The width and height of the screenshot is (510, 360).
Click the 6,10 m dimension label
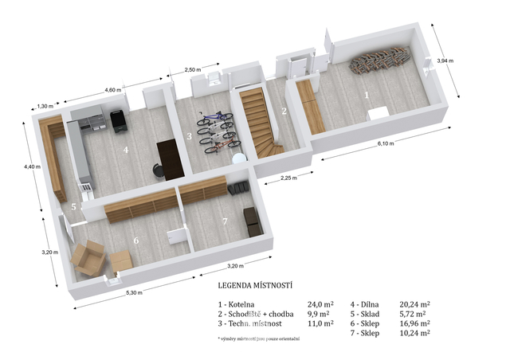(x=386, y=143)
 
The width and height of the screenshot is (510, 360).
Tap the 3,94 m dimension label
(x=445, y=61)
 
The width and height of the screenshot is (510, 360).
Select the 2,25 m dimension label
(x=288, y=178)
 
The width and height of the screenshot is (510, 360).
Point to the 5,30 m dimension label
(x=134, y=292)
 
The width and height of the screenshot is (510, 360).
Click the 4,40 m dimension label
(x=32, y=166)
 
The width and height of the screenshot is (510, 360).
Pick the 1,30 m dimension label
(x=43, y=106)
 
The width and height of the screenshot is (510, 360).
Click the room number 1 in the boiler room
(x=367, y=96)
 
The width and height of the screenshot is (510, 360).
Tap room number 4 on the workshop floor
(x=126, y=150)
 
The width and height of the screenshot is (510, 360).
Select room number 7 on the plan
(x=225, y=221)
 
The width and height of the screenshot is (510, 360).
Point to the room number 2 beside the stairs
(x=284, y=111)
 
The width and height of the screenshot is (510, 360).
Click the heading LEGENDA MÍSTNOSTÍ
(x=255, y=285)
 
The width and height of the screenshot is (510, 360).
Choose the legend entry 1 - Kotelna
(x=236, y=305)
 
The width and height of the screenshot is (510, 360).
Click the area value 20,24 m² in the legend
(x=414, y=304)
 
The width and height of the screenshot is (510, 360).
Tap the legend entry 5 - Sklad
(x=365, y=314)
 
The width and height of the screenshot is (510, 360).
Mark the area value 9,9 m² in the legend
(x=319, y=314)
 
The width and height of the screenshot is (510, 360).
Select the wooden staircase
(x=260, y=123)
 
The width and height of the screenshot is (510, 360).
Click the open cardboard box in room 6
(x=88, y=258)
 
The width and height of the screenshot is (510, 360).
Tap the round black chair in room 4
(x=159, y=170)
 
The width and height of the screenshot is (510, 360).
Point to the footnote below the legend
(x=258, y=338)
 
